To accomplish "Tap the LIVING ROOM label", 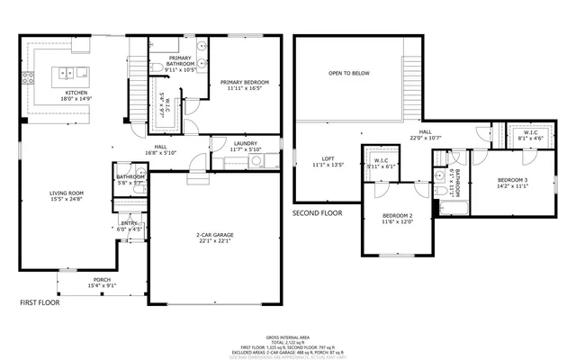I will [66, 192].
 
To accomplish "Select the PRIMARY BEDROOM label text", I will [245, 81].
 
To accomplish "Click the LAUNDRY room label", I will [246, 143].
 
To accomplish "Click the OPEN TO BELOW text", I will [348, 73].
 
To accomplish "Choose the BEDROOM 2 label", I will [397, 216].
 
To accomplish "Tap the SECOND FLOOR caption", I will [318, 213].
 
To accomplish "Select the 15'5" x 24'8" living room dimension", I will [66, 198].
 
